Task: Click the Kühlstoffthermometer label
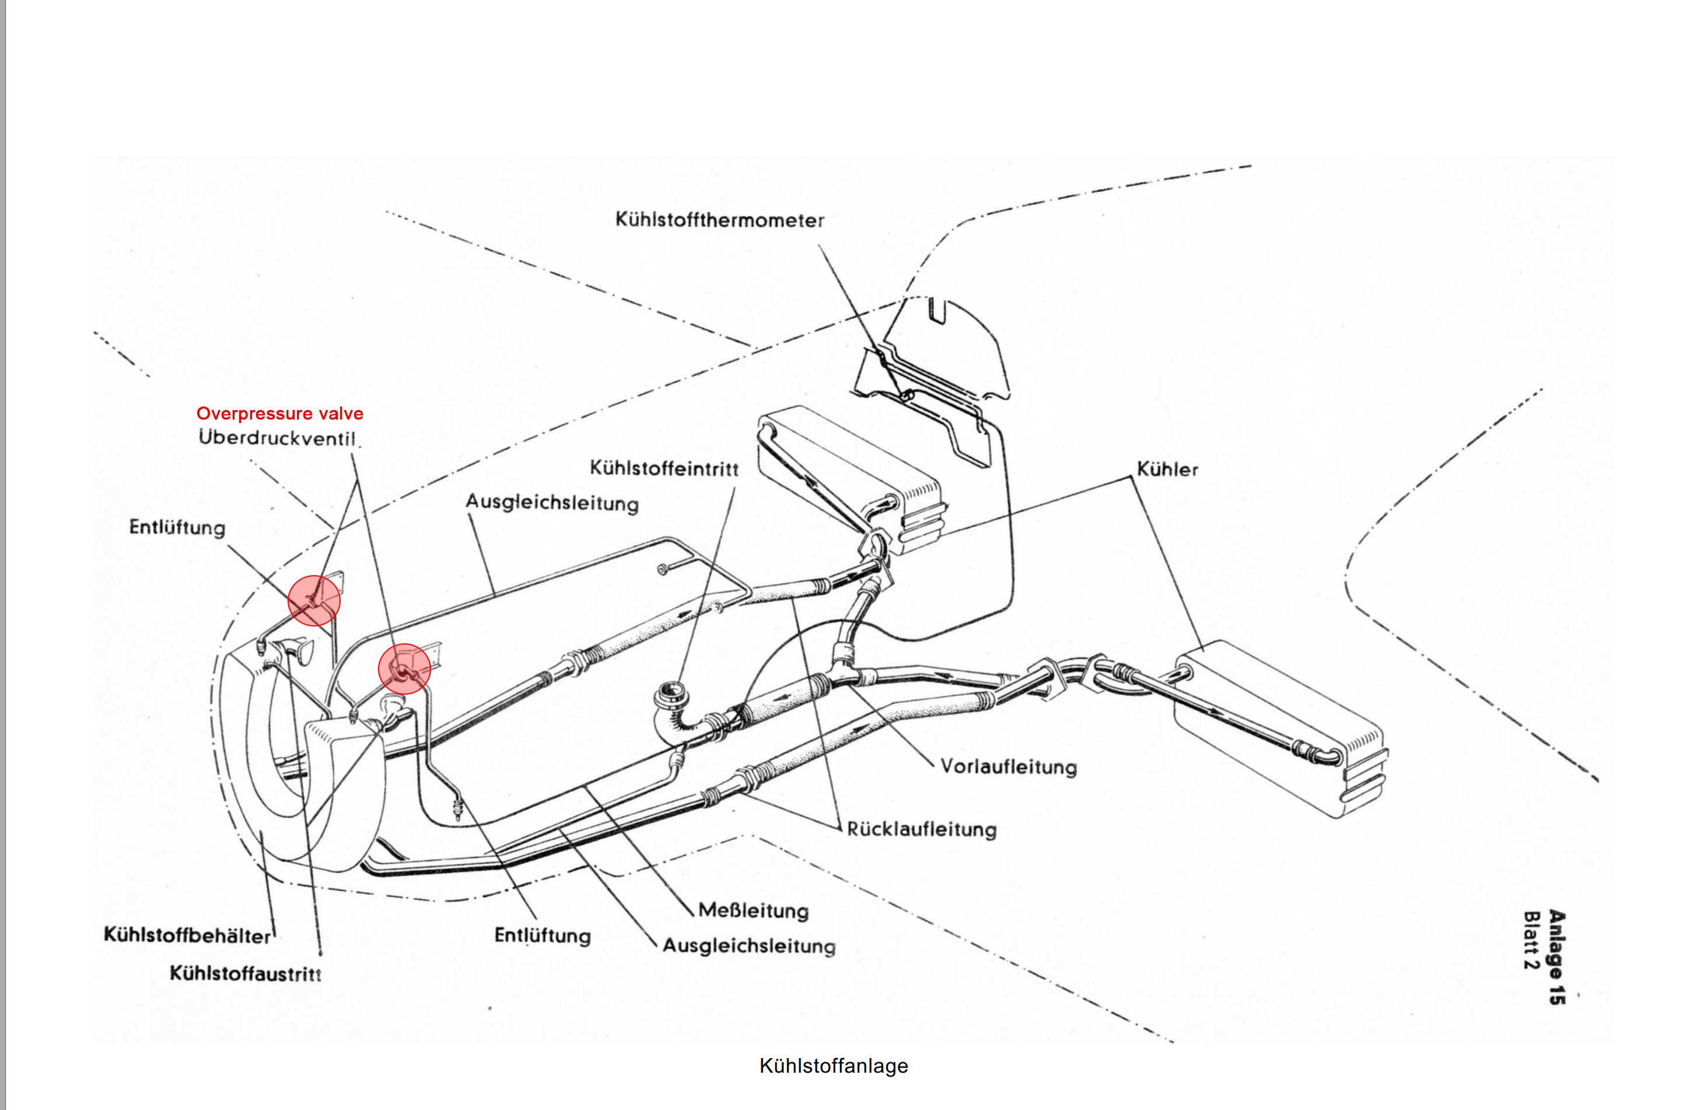click(719, 220)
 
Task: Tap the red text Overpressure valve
click(280, 414)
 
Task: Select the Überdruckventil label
click(277, 437)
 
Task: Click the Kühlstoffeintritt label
click(664, 469)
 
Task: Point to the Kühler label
click(1167, 470)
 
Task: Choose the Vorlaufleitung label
click(1008, 767)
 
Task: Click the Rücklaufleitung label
click(922, 829)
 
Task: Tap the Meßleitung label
click(753, 911)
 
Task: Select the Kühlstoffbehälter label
click(187, 935)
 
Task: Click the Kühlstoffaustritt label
click(245, 973)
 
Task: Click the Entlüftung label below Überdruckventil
click(177, 528)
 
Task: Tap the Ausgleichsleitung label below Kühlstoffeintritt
click(552, 503)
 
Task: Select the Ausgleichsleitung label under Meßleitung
click(748, 946)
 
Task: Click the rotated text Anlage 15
click(1556, 957)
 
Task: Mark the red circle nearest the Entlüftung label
click(314, 600)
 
